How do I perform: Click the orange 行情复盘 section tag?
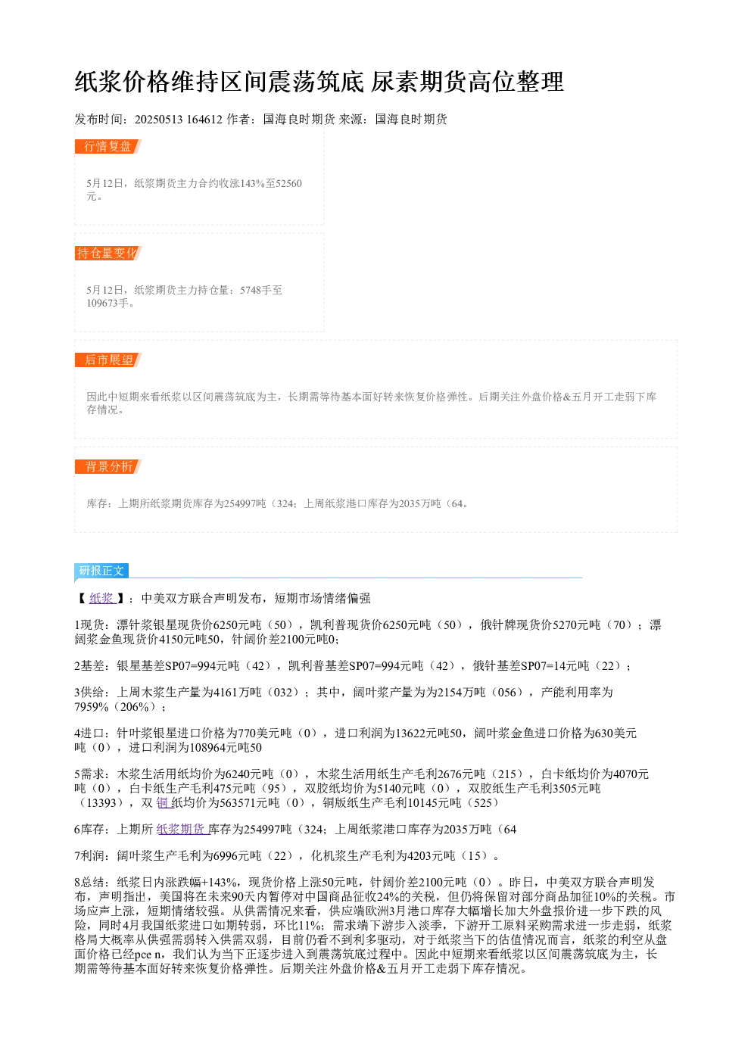point(108,147)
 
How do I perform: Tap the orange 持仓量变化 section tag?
point(108,253)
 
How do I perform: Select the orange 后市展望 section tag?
point(108,360)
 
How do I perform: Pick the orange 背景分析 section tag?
point(108,466)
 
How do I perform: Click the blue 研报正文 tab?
point(101,570)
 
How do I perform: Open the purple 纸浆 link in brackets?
point(102,598)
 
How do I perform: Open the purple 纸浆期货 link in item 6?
point(182,829)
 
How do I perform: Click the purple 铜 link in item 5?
point(163,802)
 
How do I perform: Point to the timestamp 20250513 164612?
point(178,120)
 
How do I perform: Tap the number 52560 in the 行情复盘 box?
point(288,183)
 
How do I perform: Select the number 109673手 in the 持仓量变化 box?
point(108,303)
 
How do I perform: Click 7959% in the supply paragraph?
point(92,707)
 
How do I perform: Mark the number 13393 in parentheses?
point(101,802)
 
